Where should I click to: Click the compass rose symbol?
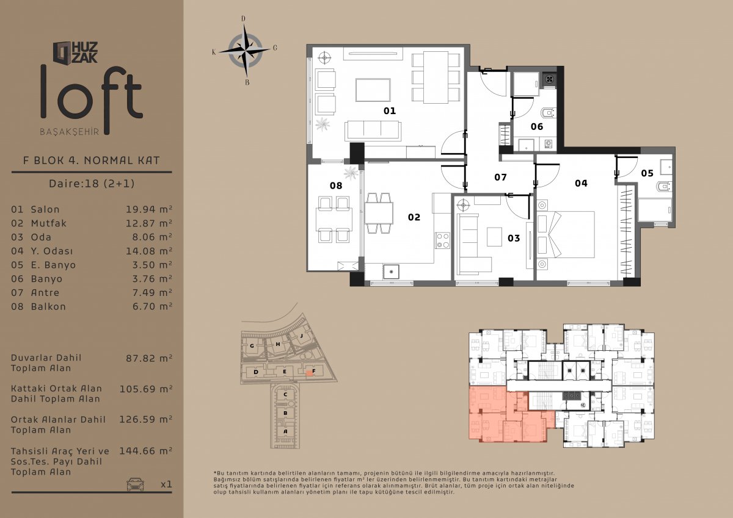245,51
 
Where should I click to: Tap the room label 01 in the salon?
390,111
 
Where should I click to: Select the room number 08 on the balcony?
336,185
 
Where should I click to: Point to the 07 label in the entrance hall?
500,177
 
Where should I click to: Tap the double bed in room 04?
566,235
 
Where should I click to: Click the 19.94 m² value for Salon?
149,209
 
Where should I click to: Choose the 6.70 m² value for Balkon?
152,306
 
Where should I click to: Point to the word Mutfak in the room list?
48,223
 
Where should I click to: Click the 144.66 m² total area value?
145,451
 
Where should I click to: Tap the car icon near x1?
135,484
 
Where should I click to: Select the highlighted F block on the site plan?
309,373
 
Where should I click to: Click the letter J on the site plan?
302,336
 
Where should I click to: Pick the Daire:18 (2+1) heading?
92,183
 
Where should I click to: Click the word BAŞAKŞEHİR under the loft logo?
70,132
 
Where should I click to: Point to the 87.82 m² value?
149,358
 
